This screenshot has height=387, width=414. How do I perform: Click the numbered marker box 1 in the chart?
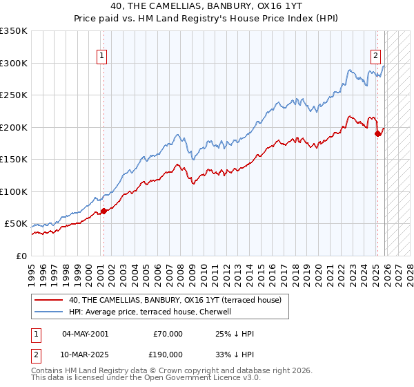102,56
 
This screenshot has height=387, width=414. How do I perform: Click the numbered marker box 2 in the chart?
375,56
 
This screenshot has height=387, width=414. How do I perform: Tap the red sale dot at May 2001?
103,211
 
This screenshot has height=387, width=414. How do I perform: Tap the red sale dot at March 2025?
377,133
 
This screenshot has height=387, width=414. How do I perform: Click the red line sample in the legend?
50,301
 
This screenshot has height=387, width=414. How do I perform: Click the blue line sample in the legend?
50,312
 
